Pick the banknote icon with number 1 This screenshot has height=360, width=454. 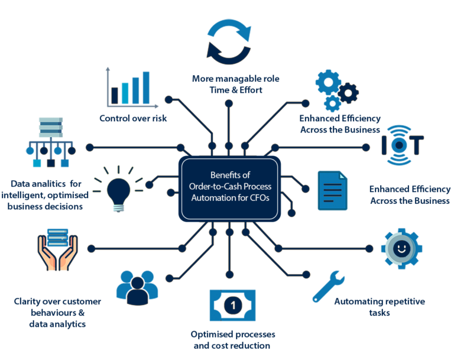click(232, 305)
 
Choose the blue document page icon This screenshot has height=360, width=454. click(333, 190)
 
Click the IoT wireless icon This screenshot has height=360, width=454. click(402, 144)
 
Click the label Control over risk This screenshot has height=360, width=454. click(133, 118)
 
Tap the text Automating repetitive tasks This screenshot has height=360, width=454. click(378, 307)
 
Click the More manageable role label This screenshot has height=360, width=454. click(227, 84)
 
